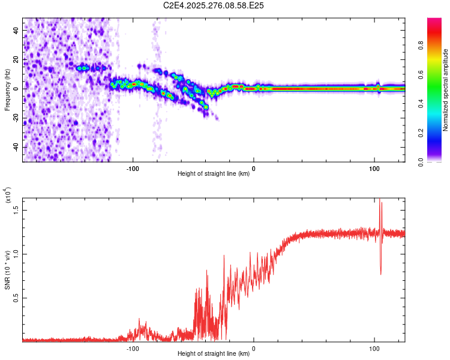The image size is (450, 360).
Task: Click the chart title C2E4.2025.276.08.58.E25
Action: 214,5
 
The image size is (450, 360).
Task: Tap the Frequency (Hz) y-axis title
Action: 7,89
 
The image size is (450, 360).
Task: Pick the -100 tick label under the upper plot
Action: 133,169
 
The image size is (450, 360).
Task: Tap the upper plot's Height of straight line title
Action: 214,175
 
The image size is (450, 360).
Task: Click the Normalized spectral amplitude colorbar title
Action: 445,89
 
